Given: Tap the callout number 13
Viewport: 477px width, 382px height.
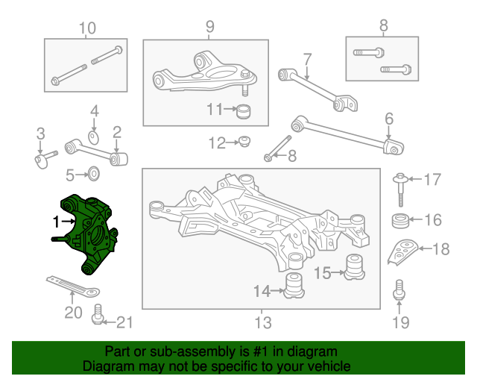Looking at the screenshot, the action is point(263,322).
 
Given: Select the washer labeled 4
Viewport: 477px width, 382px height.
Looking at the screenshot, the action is point(94,138).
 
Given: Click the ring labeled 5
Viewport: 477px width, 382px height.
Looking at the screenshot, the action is point(94,174).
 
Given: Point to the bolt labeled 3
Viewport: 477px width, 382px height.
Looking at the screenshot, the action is point(45,159).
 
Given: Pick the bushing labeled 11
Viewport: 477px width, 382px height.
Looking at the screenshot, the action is point(244,112).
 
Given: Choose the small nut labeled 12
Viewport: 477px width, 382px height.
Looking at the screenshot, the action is point(244,142).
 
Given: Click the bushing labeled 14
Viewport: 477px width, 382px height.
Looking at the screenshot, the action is point(294,285).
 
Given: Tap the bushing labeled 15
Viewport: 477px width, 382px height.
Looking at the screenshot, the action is point(355,267).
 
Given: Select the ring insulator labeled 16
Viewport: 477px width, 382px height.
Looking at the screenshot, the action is point(399,222).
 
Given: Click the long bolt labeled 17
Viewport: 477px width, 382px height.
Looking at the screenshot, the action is point(400,190).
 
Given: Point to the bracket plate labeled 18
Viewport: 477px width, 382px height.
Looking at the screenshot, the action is point(402,251).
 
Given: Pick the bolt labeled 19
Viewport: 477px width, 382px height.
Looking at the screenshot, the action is point(399,289).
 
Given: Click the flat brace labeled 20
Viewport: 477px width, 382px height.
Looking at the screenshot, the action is point(73,286).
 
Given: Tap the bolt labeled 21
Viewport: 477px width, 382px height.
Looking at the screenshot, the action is point(98,314).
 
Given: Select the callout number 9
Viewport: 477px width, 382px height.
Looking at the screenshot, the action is point(210,27).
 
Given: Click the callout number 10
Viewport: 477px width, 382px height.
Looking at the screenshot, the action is point(87,28).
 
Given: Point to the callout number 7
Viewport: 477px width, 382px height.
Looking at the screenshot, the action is point(308,59).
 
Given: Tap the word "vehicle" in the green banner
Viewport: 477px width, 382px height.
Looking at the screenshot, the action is point(330,366).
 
